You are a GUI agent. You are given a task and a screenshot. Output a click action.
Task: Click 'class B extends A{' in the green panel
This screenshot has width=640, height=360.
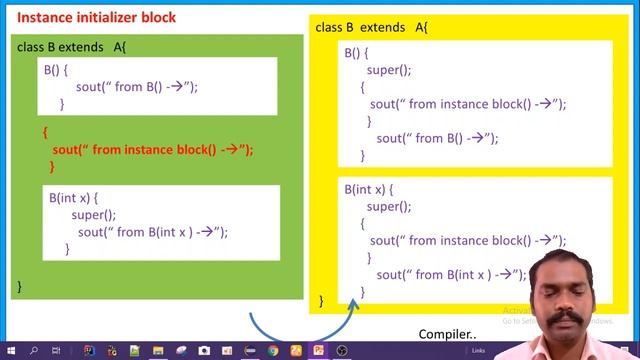(x=71, y=47)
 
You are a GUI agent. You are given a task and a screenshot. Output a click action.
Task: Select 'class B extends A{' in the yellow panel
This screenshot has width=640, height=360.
(x=372, y=27)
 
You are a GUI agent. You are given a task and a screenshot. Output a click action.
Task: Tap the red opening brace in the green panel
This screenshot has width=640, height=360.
(x=45, y=132)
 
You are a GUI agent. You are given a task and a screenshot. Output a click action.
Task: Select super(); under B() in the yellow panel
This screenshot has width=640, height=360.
(x=389, y=70)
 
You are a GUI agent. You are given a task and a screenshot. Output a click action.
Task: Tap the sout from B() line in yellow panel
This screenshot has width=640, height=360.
(x=437, y=138)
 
